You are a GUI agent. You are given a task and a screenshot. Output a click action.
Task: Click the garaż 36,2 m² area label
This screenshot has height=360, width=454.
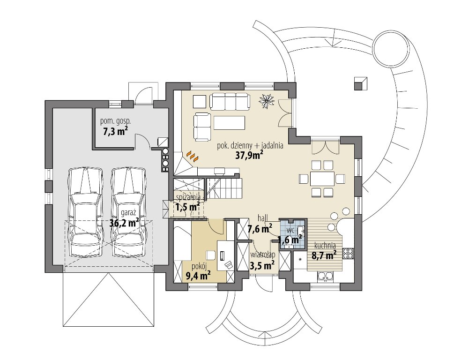[x=124, y=218]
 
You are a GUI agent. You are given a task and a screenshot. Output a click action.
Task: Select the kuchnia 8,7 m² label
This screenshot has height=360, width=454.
[x=324, y=251]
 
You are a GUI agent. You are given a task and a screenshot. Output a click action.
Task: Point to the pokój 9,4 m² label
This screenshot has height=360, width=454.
[x=198, y=271]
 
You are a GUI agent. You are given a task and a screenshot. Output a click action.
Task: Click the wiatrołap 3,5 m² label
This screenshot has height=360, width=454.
[x=262, y=260]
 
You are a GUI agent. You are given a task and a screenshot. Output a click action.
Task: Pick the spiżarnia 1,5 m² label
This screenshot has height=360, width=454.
[x=188, y=202]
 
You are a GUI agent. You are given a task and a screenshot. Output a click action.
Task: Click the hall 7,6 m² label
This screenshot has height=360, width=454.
[x=260, y=225]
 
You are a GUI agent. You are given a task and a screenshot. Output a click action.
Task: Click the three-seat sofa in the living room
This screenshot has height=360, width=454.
[x=230, y=101]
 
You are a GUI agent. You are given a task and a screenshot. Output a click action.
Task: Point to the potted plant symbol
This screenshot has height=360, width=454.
[x=267, y=100]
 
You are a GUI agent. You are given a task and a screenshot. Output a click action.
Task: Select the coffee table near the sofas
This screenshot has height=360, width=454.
[x=229, y=123]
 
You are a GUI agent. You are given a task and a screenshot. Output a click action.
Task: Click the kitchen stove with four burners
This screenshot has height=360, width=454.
[x=348, y=254]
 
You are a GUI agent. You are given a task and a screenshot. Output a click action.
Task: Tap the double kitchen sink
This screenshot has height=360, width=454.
[x=326, y=277]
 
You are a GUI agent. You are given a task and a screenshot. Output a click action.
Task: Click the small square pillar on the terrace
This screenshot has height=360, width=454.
[x=361, y=84]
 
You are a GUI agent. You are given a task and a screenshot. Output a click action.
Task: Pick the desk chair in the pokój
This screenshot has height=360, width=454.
[x=210, y=255]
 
